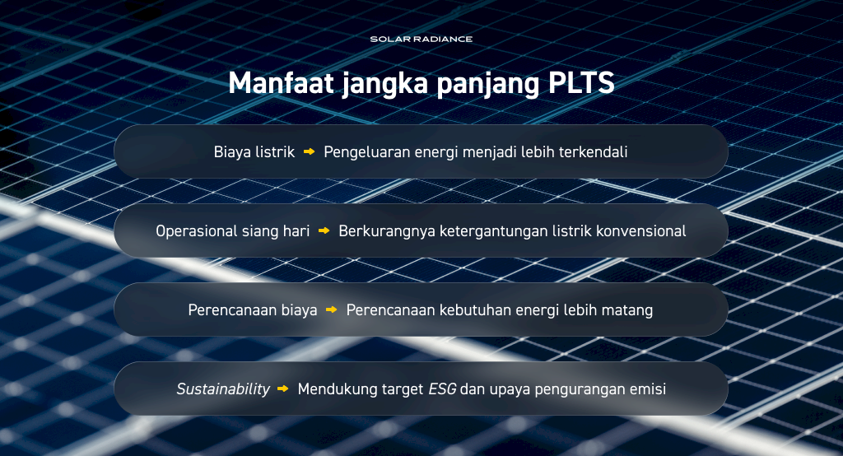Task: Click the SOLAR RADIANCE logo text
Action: pos(421,40)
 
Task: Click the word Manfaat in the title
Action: pos(282,83)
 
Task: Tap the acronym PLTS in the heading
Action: pos(581,83)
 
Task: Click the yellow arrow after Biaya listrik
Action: pos(310,151)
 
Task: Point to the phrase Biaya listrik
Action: pos(254,152)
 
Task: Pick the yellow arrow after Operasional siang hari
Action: pos(324,230)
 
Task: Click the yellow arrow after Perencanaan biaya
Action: pos(332,309)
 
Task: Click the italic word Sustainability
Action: pos(223,389)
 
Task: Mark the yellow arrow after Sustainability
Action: pos(283,389)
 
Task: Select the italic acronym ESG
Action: pos(442,389)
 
